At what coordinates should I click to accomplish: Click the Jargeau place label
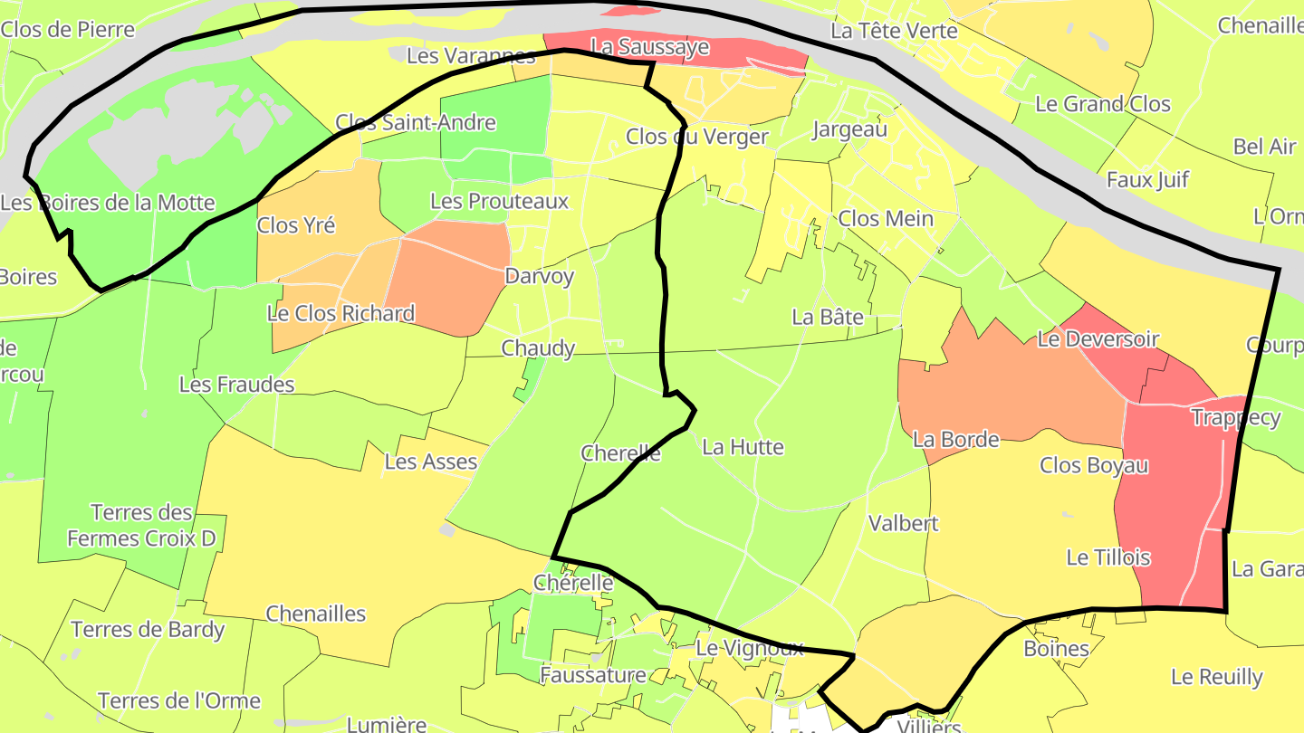pyautogui.click(x=849, y=129)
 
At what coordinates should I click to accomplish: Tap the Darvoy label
pyautogui.click(x=540, y=276)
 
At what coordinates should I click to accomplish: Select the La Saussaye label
pyautogui.click(x=649, y=47)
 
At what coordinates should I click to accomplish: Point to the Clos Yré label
pyautogui.click(x=296, y=225)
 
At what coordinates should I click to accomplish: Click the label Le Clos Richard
pyautogui.click(x=340, y=314)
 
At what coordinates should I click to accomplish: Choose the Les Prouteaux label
pyautogui.click(x=499, y=201)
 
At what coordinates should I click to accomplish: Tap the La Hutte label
pyautogui.click(x=743, y=447)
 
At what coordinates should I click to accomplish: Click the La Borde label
pyautogui.click(x=955, y=440)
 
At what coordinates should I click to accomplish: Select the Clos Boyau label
pyautogui.click(x=1094, y=465)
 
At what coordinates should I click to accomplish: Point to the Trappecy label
pyautogui.click(x=1235, y=417)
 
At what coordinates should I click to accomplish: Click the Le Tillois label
pyautogui.click(x=1108, y=557)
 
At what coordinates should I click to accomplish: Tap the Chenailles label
pyautogui.click(x=316, y=614)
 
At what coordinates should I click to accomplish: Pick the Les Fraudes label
pyautogui.click(x=237, y=385)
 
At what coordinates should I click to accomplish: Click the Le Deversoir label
pyautogui.click(x=1098, y=339)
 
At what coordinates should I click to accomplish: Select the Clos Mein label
pyautogui.click(x=886, y=218)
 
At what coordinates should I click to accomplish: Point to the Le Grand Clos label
pyautogui.click(x=1103, y=104)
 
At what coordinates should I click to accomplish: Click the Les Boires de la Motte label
pyautogui.click(x=108, y=203)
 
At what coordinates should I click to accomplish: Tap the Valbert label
pyautogui.click(x=904, y=523)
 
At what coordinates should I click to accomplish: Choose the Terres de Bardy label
pyautogui.click(x=148, y=629)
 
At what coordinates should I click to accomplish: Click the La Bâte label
pyautogui.click(x=828, y=318)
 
